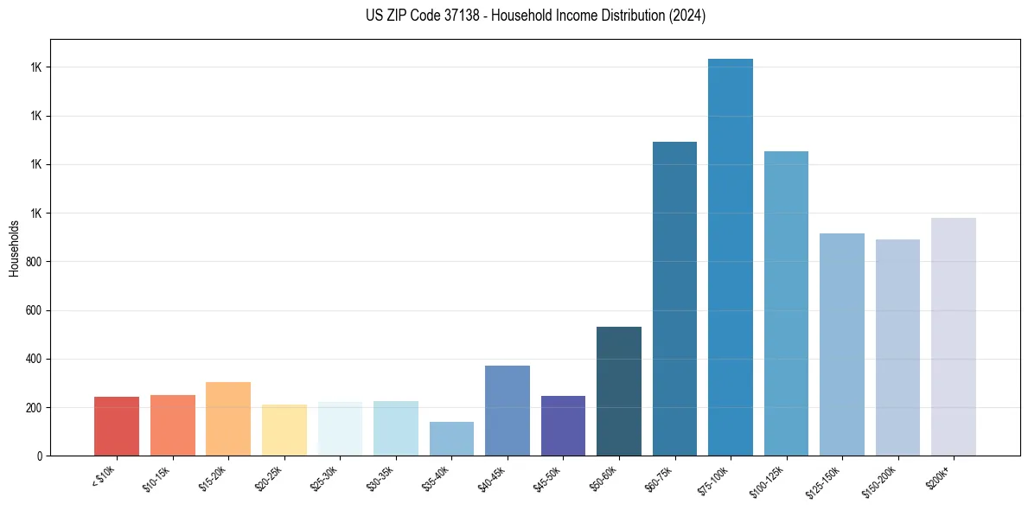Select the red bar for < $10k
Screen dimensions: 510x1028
[117, 426]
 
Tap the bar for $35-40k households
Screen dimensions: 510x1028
[451, 438]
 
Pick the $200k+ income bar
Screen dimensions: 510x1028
[954, 336]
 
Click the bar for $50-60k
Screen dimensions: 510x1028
[619, 391]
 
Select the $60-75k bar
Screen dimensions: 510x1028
[674, 298]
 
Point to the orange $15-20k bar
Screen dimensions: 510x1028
[228, 418]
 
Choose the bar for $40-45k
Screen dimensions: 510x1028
[508, 411]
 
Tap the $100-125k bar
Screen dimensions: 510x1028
[786, 303]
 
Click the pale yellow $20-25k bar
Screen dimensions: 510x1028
[284, 430]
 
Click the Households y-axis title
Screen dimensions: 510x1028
[14, 247]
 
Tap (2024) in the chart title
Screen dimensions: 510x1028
[687, 16]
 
